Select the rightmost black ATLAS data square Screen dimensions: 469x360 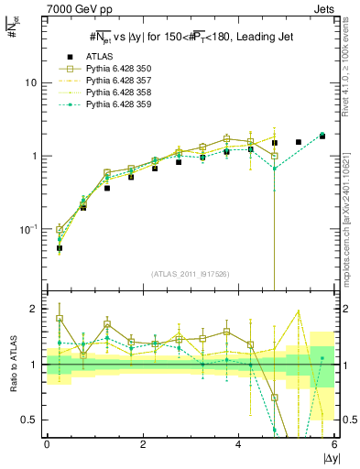tap(322, 136)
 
